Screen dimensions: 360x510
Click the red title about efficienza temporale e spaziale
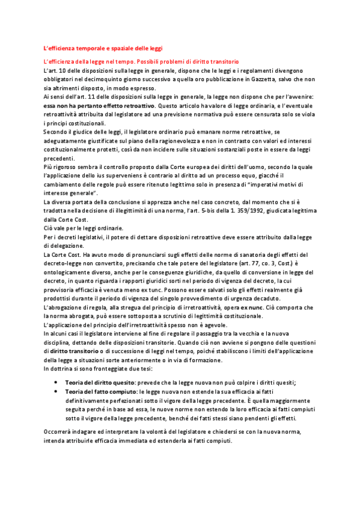coord(103,48)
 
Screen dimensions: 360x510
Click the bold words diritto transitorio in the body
coord(76,352)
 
